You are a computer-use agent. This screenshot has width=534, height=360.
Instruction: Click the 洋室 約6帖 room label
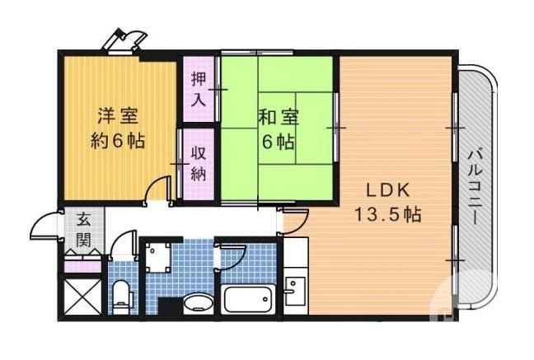[117, 128]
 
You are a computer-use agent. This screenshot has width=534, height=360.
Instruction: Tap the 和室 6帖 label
[276, 129]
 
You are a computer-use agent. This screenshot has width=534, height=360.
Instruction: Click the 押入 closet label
[199, 89]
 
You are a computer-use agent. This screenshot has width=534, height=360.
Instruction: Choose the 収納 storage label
[199, 162]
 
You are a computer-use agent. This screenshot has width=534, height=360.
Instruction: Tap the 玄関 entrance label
[84, 230]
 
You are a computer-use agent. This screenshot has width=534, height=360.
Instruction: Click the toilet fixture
[122, 296]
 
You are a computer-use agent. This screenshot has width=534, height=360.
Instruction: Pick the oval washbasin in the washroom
[196, 302]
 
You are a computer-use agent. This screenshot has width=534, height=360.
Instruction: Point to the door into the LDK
[293, 220]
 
